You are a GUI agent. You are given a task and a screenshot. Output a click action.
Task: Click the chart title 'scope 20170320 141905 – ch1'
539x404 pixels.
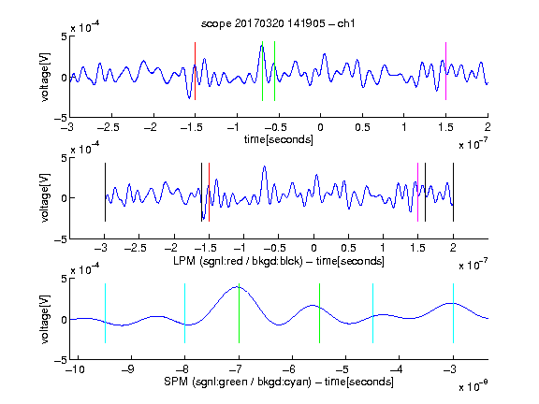click(278, 23)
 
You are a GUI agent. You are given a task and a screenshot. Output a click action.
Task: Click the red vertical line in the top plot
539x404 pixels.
click(195, 71)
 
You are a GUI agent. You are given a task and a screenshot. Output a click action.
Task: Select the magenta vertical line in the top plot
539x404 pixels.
click(445, 71)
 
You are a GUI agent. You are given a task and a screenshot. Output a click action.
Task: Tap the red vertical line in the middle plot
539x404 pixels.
click(209, 192)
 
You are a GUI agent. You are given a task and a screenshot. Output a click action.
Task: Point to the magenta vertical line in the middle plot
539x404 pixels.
click(417, 192)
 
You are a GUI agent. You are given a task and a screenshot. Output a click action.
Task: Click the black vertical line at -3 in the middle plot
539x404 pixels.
click(105, 192)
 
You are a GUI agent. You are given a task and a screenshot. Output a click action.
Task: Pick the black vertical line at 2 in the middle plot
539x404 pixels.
click(453, 192)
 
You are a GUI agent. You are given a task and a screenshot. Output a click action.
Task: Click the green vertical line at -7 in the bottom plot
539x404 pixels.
click(239, 313)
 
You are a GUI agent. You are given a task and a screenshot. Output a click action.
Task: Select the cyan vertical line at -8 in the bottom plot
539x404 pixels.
click(185, 313)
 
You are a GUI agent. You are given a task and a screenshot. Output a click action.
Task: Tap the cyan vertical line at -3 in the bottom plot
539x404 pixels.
click(453, 313)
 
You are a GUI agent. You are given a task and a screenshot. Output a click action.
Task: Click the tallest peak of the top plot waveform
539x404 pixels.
click(262, 46)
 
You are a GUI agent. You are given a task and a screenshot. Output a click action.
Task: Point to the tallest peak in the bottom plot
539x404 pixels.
click(237, 287)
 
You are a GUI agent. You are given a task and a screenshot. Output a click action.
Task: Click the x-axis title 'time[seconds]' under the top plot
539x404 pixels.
click(279, 139)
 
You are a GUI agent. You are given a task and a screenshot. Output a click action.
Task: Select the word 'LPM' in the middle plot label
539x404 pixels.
click(184, 261)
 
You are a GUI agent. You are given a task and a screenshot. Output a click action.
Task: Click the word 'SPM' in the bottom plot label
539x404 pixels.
click(176, 382)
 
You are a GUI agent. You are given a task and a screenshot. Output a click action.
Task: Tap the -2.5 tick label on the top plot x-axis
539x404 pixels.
click(108, 127)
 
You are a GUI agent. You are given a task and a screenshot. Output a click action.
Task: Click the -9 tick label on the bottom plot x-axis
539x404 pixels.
click(128, 369)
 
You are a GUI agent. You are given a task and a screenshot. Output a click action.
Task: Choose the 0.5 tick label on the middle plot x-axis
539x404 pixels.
click(348, 248)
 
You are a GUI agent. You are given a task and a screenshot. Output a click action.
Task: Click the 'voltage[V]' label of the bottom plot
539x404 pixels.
click(45, 319)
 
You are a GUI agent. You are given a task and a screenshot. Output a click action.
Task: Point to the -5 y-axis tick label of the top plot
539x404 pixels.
click(61, 118)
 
